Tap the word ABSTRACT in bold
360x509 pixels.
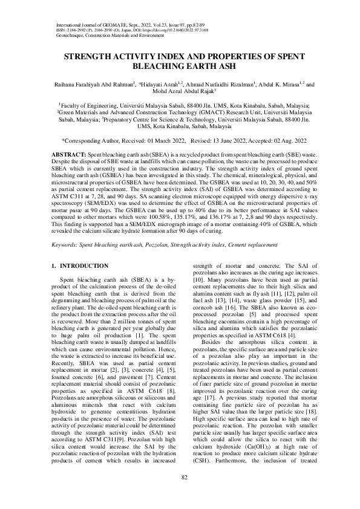pos(67,156)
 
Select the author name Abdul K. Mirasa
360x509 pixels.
pos(280,85)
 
